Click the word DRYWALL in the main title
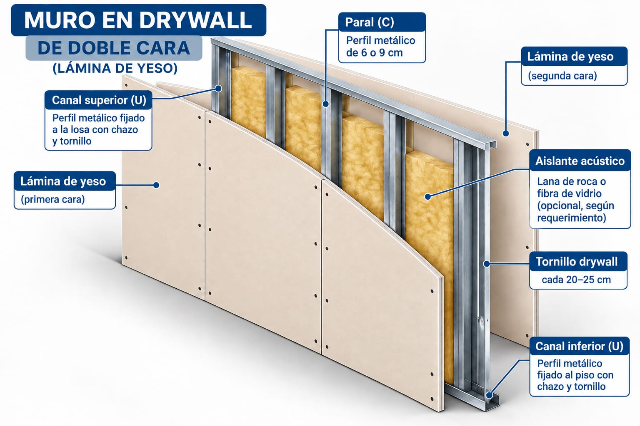tap(195, 20)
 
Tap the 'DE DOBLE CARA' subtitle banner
tap(114, 48)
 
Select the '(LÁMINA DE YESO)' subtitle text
tap(115, 68)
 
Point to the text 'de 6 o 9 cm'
tap(374, 53)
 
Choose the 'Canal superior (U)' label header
tap(99, 100)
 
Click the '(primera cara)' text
tap(53, 199)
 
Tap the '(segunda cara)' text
tap(562, 76)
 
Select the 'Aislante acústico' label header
tap(580, 161)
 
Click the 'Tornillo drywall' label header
tap(577, 261)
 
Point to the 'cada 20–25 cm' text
tap(576, 280)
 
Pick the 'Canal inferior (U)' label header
tap(580, 346)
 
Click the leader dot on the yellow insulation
tap(428, 197)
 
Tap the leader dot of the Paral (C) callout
tap(326, 104)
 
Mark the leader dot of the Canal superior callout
tap(218, 89)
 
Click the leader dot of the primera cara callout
tap(156, 185)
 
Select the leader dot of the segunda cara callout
tap(506, 133)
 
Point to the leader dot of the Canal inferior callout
tap(490, 396)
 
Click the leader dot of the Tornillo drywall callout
tap(487, 264)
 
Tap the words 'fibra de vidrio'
tap(570, 194)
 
